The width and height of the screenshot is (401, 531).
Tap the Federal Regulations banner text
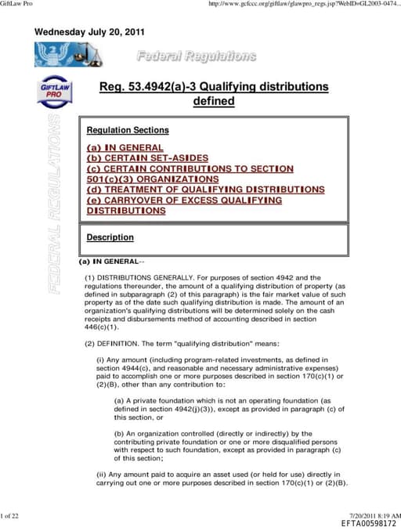[196, 56]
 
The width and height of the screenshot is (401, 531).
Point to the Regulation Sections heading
[128, 130]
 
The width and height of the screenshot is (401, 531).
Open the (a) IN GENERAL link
[125, 147]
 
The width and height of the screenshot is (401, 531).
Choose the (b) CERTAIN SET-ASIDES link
[154, 157]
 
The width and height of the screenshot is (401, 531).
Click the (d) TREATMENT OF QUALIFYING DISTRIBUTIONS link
[205, 190]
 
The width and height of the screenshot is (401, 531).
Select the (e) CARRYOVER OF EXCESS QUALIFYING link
[184, 200]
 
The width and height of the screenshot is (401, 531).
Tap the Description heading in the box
[110, 237]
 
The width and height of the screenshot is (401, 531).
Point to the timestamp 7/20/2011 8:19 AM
[374, 515]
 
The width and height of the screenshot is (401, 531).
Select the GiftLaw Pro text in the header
[18, 5]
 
